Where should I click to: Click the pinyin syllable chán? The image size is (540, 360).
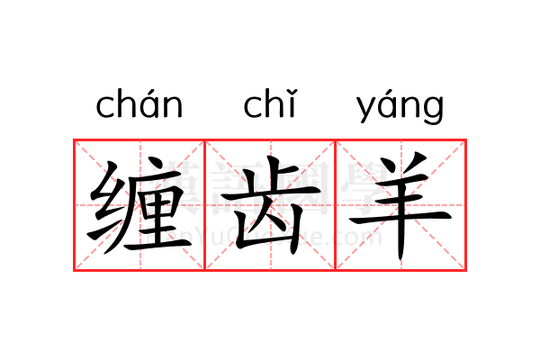[x=139, y=106]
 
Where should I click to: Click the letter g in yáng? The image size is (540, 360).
[x=434, y=111]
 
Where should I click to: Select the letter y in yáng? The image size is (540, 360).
[x=366, y=110]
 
